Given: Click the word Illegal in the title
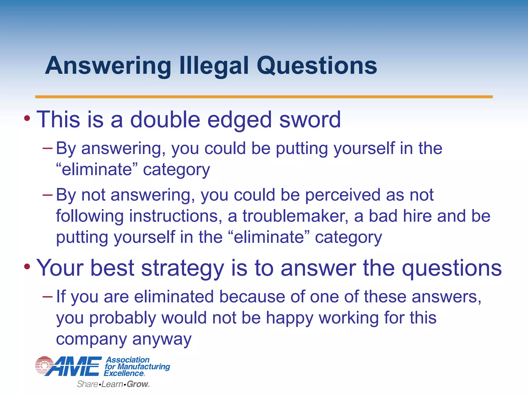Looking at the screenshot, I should [214, 66].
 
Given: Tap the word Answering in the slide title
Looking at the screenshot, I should [108, 66].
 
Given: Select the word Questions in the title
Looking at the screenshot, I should [317, 66].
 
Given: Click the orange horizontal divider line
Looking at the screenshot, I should [264, 97].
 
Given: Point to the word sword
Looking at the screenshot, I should [310, 119].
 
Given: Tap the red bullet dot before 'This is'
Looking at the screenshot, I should [27, 119].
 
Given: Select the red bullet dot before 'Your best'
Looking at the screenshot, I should [27, 267].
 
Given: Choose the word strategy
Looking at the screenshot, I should [183, 268].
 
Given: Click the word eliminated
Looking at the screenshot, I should [174, 296].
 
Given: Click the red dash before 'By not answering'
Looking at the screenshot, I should [47, 195].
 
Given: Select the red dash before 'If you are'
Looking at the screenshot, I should [47, 296].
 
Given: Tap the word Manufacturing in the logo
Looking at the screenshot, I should [144, 366].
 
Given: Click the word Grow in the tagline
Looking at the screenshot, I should [137, 384].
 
